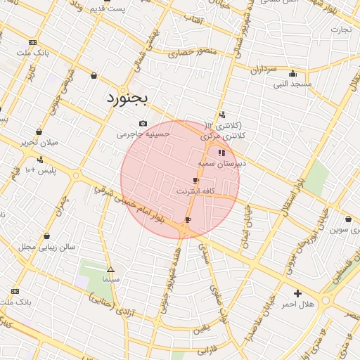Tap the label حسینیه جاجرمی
pyautogui.click(x=143, y=133)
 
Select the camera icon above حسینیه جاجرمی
pyautogui.click(x=143, y=123)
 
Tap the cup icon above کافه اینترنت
pyautogui.click(x=195, y=181)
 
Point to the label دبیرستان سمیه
pyautogui.click(x=221, y=162)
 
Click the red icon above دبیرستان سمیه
pyautogui.click(x=221, y=153)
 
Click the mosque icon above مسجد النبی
pyautogui.click(x=292, y=74)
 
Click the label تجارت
pyautogui.click(x=341, y=29)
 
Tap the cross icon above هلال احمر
pyautogui.click(x=297, y=293)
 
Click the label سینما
pyautogui.click(x=110, y=279)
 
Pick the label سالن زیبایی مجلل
pyautogui.click(x=46, y=246)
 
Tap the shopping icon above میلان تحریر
pyautogui.click(x=39, y=131)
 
